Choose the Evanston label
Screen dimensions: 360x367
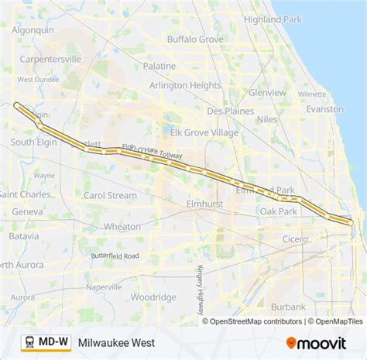coord(324,110)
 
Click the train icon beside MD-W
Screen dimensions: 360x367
coord(27,341)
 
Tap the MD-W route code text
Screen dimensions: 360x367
coord(53,341)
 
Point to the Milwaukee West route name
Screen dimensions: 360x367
coord(116,341)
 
